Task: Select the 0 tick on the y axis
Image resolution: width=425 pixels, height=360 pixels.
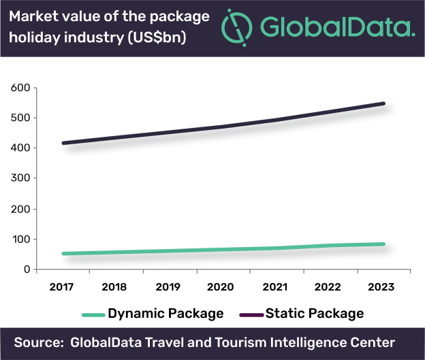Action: point(25,269)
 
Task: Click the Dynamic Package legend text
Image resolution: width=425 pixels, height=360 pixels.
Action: point(166,313)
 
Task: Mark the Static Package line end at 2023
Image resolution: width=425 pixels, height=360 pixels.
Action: point(383,103)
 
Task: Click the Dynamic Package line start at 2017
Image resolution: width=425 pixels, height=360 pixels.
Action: point(64,254)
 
